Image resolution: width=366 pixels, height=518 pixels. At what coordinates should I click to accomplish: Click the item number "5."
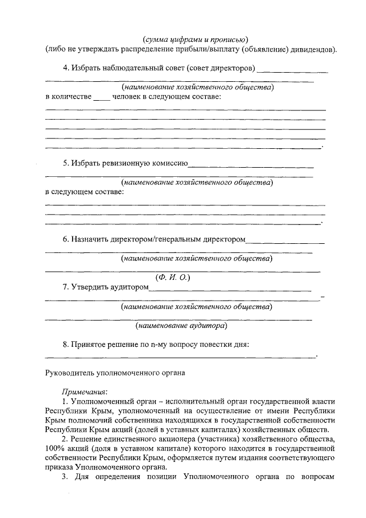pos(66,163)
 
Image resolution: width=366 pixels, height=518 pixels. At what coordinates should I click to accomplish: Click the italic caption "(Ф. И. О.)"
pos(172,277)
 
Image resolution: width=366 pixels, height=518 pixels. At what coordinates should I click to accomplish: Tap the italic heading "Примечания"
pos(84,392)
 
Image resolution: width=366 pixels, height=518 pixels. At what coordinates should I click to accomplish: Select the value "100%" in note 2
pos(55,448)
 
